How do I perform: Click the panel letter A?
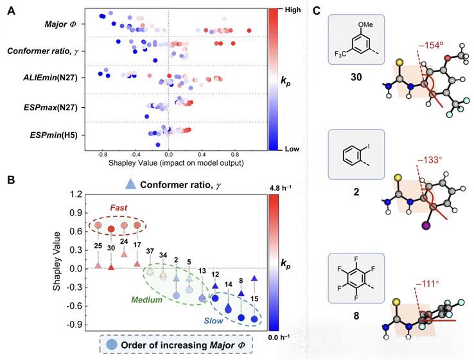11,10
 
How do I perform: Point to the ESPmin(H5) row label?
55,135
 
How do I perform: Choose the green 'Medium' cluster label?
146,300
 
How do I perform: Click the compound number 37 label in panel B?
150,250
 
